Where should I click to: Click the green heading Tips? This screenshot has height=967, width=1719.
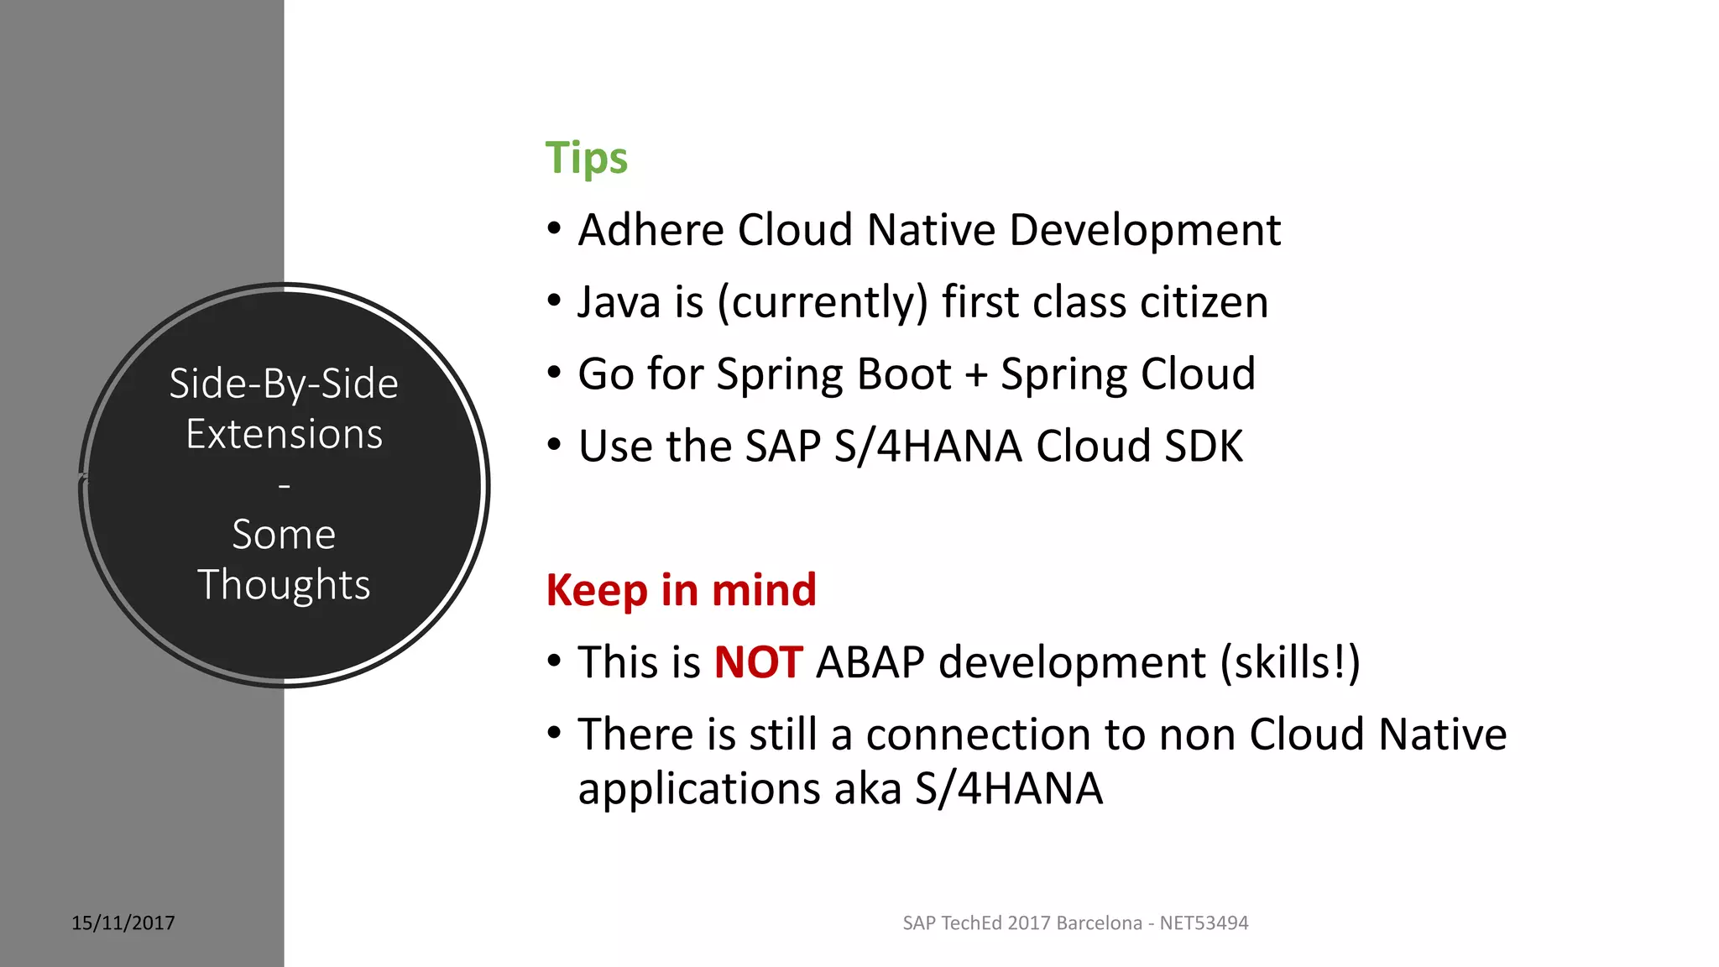pos(586,159)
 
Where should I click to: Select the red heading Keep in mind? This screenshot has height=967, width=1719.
pos(681,590)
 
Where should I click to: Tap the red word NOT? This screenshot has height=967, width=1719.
pos(758,662)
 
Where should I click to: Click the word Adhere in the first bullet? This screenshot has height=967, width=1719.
pos(651,230)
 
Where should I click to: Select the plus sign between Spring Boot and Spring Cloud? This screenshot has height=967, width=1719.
pos(975,375)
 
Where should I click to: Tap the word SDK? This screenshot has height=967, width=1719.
pos(1203,447)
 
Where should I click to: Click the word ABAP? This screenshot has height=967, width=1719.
pos(870,662)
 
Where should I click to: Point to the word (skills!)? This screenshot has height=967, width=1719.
pos(1290,663)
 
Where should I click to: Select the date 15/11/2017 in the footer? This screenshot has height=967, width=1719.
pos(123,923)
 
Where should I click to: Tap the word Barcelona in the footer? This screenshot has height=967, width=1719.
pos(1099,923)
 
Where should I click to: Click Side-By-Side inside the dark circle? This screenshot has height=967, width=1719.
pos(284,384)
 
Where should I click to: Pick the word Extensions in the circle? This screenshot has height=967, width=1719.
pos(284,435)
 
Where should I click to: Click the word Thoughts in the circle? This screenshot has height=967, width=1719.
pos(284,585)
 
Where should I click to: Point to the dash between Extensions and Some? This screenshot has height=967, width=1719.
pos(284,486)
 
